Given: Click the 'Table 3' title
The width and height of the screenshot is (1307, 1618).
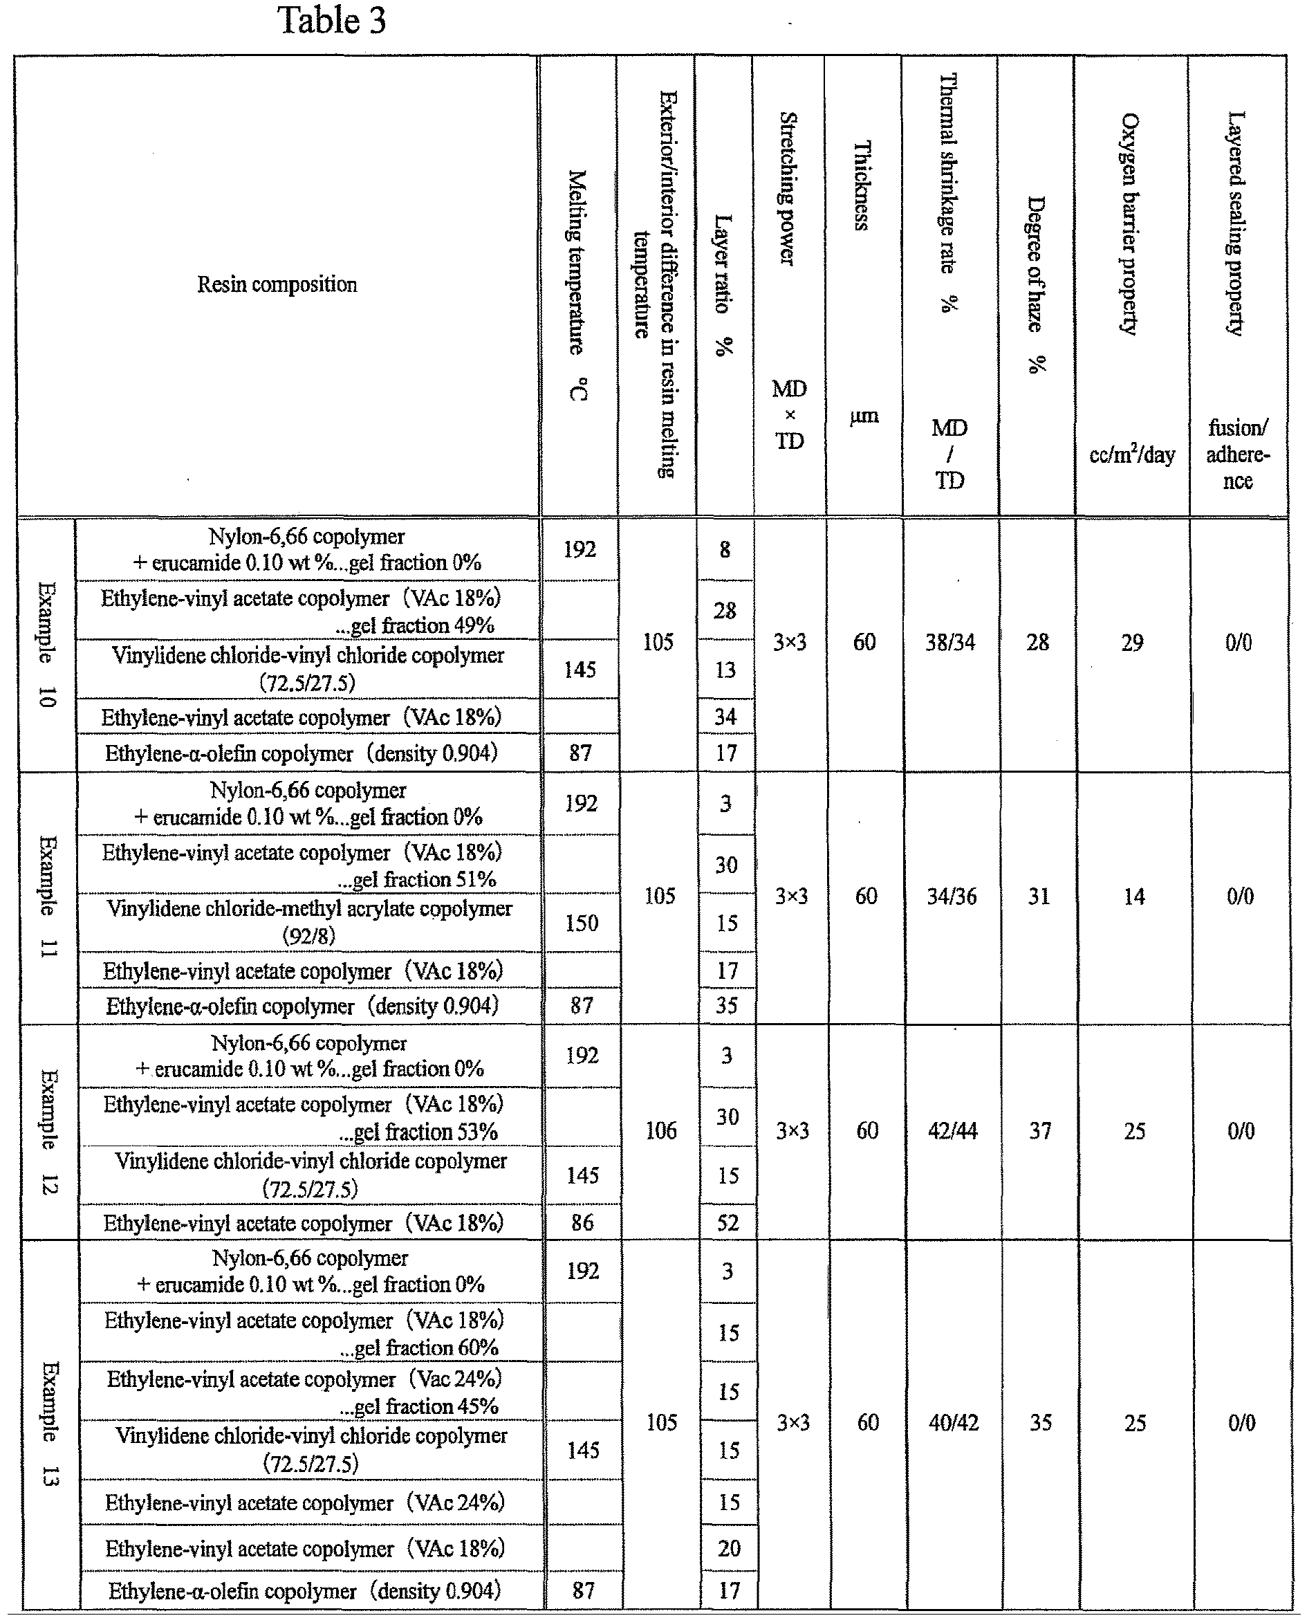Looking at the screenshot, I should click(x=331, y=20).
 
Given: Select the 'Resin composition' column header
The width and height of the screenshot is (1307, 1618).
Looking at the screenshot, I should click(x=277, y=284).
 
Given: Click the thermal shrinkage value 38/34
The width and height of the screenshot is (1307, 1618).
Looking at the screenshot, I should click(x=950, y=642).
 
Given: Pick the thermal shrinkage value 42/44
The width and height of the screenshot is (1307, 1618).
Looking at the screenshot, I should click(x=952, y=1130).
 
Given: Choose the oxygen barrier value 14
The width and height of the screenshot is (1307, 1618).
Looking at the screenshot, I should click(x=1134, y=896).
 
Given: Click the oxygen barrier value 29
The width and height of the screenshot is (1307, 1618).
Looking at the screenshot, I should click(x=1132, y=642).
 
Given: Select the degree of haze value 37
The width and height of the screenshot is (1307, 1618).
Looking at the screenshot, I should click(x=1040, y=1130).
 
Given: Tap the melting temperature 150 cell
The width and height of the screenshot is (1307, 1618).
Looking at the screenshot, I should click(x=581, y=923).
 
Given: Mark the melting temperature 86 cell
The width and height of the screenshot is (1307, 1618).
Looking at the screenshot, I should click(x=582, y=1222).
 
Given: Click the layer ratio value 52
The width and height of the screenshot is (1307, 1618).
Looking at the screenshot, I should click(x=727, y=1222).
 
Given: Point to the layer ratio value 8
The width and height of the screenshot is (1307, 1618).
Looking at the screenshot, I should click(x=724, y=550).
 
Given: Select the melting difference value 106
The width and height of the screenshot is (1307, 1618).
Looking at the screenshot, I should click(x=660, y=1130).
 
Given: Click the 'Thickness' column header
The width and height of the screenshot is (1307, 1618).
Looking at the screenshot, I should click(x=863, y=185).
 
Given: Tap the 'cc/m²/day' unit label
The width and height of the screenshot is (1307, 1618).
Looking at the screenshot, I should click(x=1131, y=454).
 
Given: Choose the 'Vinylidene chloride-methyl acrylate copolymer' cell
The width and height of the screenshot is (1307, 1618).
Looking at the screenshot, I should click(x=309, y=921).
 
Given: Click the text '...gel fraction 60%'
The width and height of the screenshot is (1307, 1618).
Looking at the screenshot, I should click(x=418, y=1348).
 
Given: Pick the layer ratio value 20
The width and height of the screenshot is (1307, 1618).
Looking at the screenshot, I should click(x=729, y=1548).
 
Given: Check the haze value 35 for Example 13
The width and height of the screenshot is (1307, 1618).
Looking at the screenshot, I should click(x=1041, y=1422).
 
